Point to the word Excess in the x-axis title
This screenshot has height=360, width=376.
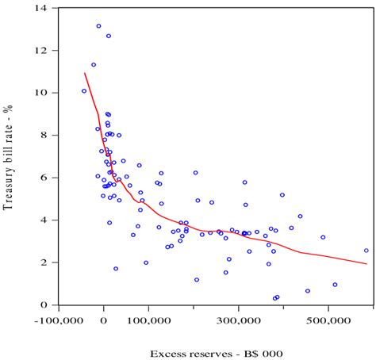click(x=168, y=354)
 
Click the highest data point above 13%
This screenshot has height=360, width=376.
click(x=99, y=26)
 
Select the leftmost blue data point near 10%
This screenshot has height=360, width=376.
click(x=84, y=91)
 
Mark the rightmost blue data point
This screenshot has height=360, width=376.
click(x=366, y=251)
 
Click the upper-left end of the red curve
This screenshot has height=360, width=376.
click(x=85, y=73)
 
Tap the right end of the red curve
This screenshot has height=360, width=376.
click(x=366, y=264)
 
